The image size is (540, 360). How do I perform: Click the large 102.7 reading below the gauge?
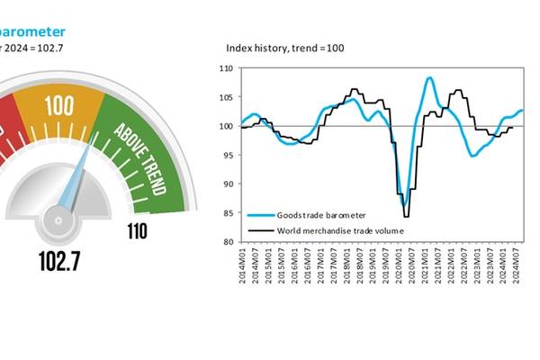(x=59, y=263)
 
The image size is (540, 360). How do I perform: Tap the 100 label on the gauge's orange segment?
(x=58, y=106)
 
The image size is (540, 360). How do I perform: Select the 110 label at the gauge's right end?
(x=138, y=231)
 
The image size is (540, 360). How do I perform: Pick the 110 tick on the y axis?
(x=227, y=68)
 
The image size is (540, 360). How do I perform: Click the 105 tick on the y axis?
(x=227, y=97)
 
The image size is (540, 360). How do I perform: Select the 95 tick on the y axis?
(x=227, y=155)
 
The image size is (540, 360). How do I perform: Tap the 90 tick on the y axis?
(x=227, y=184)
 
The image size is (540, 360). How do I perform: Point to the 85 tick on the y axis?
(x=227, y=213)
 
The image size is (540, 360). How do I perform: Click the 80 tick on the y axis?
(x=227, y=242)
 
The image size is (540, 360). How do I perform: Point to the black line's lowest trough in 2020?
(x=406, y=216)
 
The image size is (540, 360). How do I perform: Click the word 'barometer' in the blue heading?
(x=33, y=31)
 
